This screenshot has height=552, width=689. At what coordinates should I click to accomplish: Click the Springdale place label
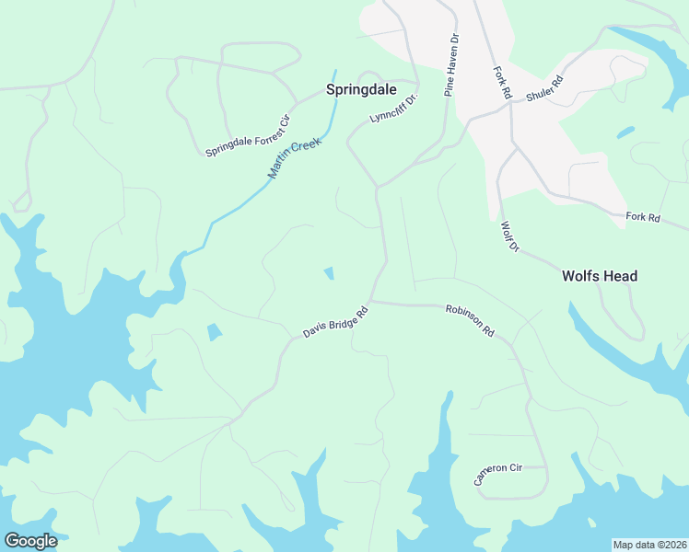tap(361, 90)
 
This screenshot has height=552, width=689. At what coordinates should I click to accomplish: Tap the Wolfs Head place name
tap(600, 276)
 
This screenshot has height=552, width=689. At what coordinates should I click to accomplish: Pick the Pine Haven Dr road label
tap(451, 67)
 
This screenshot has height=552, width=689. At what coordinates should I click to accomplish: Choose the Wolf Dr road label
tap(510, 237)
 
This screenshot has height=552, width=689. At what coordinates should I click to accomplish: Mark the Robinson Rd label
tap(470, 321)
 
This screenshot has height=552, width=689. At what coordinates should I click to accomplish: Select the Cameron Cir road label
tap(497, 474)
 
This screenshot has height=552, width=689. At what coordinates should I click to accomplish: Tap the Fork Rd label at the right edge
tap(643, 217)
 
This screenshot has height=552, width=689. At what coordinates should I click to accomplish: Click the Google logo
tap(30, 541)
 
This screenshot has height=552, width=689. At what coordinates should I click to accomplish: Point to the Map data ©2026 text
tap(649, 545)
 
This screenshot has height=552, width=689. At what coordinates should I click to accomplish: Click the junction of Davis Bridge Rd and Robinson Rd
tap(371, 301)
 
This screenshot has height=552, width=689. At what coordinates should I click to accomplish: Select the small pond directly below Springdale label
tap(329, 272)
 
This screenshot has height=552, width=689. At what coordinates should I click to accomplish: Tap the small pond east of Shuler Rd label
tap(625, 132)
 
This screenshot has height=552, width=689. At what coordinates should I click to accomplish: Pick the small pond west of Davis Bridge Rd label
tap(215, 331)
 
